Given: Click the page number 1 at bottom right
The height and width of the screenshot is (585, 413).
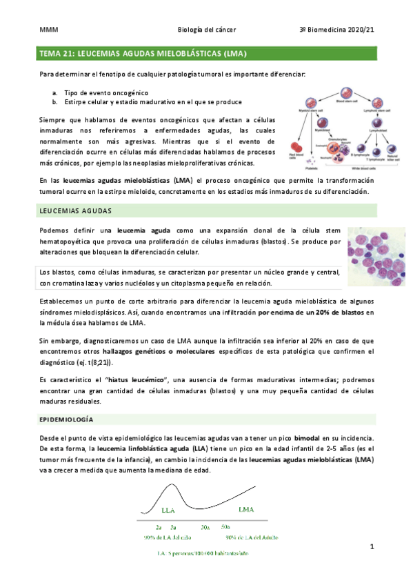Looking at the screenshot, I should [x=372, y=546].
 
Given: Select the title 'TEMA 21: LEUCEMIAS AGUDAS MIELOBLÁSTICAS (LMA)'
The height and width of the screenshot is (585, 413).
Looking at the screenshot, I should [x=143, y=53].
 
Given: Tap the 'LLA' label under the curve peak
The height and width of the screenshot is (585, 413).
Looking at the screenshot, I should [x=168, y=511].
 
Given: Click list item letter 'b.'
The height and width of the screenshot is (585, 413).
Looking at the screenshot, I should [x=54, y=102].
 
